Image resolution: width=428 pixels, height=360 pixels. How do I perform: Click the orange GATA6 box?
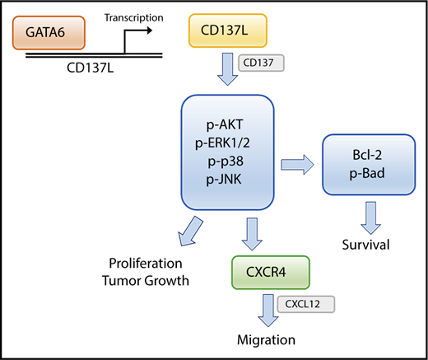49,35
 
